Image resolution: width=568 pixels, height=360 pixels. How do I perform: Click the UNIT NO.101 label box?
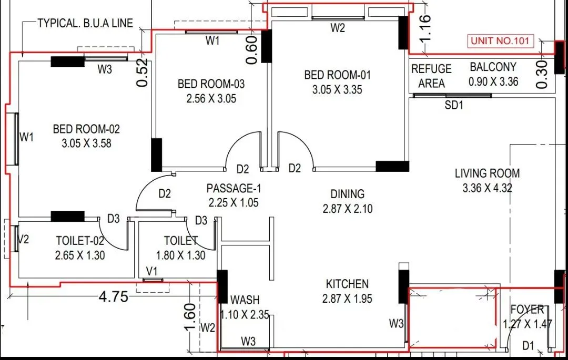tap(501, 41)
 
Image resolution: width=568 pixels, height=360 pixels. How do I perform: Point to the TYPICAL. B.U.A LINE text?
tap(85, 23)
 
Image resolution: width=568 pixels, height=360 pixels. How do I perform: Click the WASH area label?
tap(245, 300)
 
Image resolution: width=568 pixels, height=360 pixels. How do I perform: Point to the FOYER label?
tap(527, 310)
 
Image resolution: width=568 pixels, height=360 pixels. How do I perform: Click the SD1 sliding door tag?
tap(454, 105)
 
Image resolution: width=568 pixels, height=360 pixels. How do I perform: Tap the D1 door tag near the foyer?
tap(528, 345)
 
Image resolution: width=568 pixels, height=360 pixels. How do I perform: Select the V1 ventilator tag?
tap(152, 271)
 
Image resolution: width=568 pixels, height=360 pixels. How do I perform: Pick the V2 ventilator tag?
tap(23, 240)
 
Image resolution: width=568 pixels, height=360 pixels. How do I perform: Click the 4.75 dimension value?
tap(114, 297)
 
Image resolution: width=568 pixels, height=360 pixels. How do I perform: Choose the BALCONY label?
tap(493, 67)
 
